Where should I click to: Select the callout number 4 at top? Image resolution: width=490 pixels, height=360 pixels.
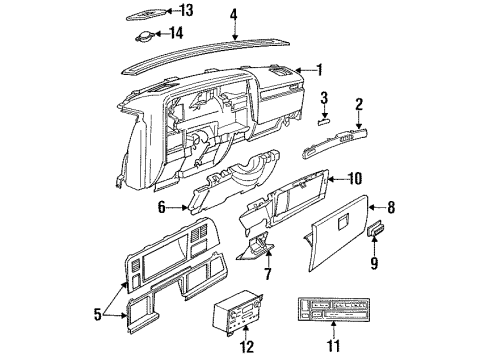tap(233, 14)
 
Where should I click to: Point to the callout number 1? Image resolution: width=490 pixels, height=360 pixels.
tap(319, 69)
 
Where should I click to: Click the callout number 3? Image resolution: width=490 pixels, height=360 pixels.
tap(324, 98)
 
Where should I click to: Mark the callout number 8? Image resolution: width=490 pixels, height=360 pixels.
tap(391, 208)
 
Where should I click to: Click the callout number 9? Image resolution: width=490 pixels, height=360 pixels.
tap(374, 264)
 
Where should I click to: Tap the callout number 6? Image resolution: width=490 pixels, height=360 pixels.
tap(161, 206)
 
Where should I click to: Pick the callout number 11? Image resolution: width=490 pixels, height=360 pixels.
tap(334, 346)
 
